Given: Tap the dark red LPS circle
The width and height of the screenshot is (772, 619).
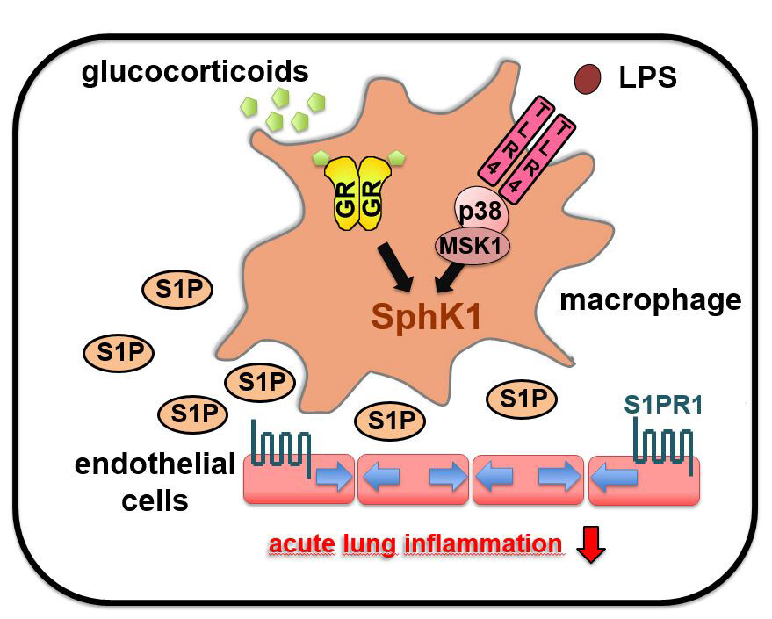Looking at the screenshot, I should pos(588,81).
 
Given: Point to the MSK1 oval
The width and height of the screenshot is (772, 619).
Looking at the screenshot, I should pos(473,246).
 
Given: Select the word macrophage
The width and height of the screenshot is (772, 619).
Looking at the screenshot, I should pos(651,301).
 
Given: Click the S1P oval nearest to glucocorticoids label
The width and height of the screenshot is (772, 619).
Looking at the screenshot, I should pos(178,291).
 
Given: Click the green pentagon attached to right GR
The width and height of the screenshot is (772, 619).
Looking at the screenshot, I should pos(396,157).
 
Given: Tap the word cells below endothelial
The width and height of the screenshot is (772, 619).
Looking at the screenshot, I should pos(155,501).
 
